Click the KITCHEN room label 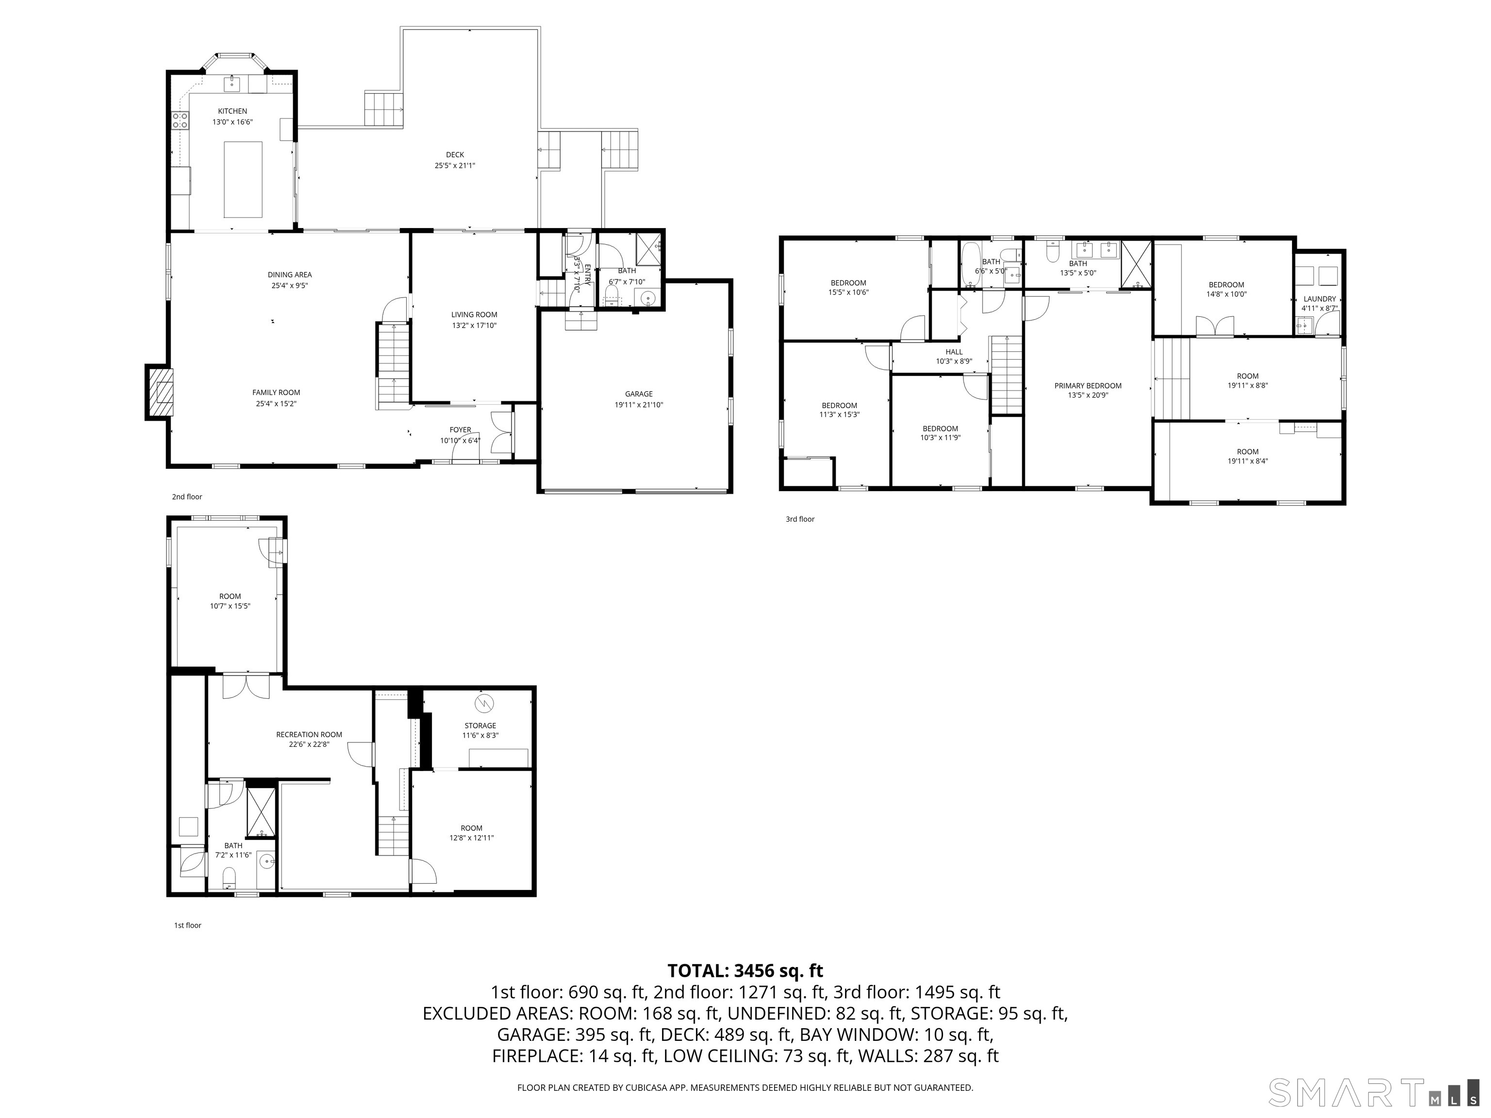click(232, 111)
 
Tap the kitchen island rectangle click(243, 179)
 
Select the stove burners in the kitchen click(180, 121)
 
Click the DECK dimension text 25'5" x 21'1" click(454, 165)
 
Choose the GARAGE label click(638, 394)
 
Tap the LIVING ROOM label click(474, 315)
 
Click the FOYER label click(461, 430)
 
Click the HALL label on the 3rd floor click(954, 352)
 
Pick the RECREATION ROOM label click(309, 735)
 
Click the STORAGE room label click(480, 726)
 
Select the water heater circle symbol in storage click(484, 704)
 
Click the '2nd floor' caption click(187, 497)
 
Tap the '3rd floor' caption click(799, 519)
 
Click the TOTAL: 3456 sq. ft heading click(745, 971)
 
